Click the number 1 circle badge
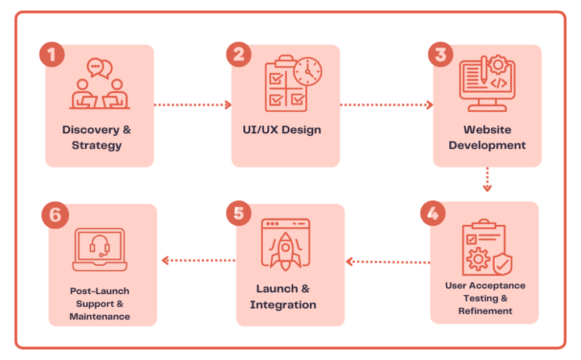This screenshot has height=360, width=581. coord(52,55)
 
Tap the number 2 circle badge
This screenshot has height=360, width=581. coord(238,55)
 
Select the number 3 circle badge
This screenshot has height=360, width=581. coord(440,55)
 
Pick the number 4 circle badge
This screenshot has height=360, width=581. coord(433,214)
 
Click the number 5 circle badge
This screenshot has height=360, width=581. coord(238,214)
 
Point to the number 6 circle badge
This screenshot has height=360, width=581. coord(55,216)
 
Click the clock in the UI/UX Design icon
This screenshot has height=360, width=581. coord(308,72)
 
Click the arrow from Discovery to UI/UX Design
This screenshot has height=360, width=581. coord(193,104)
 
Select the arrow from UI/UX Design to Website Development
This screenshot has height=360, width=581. coord(386,104)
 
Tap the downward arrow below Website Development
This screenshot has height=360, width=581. coord(487,180)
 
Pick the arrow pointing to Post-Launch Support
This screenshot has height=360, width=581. coord(198,261)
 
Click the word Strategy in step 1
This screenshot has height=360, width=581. coord(96,145)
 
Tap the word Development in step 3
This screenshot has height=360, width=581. coord(487,145)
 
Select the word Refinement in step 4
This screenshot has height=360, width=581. coord(485,311)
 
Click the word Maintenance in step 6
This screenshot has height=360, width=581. coord(99,316)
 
